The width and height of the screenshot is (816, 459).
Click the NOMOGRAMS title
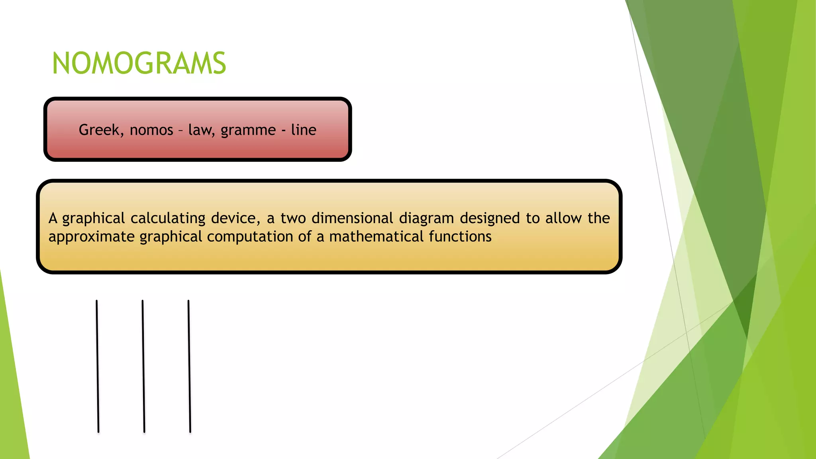[x=139, y=64]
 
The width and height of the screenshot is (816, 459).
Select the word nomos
[x=151, y=130]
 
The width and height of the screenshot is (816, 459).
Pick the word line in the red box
[x=304, y=130]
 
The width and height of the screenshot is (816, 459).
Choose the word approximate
[x=92, y=237]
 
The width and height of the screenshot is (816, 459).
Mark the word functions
[x=460, y=237]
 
